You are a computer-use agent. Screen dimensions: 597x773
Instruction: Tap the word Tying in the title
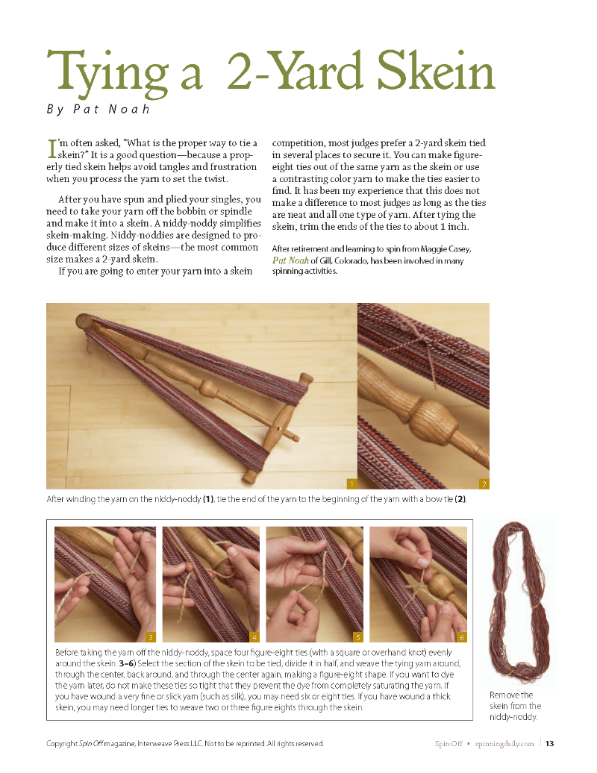108,74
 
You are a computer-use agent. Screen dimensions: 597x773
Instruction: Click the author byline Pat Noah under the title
111,109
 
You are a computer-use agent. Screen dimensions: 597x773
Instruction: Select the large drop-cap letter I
51,149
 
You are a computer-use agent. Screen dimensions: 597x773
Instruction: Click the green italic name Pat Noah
291,260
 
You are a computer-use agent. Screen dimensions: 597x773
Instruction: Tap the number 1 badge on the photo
352,483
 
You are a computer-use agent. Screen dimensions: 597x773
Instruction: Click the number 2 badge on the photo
484,483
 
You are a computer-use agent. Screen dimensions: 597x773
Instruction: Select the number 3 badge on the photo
151,637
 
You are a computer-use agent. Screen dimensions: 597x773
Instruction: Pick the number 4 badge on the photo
254,637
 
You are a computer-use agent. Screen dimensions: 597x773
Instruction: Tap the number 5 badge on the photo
358,637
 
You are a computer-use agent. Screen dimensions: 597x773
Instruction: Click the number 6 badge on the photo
462,637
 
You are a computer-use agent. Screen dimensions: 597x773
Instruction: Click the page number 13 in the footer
550,743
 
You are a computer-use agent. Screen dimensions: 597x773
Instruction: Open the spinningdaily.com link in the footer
504,743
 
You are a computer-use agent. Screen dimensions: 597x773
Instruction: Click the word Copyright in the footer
62,743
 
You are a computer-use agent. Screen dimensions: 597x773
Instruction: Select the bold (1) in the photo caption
208,499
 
